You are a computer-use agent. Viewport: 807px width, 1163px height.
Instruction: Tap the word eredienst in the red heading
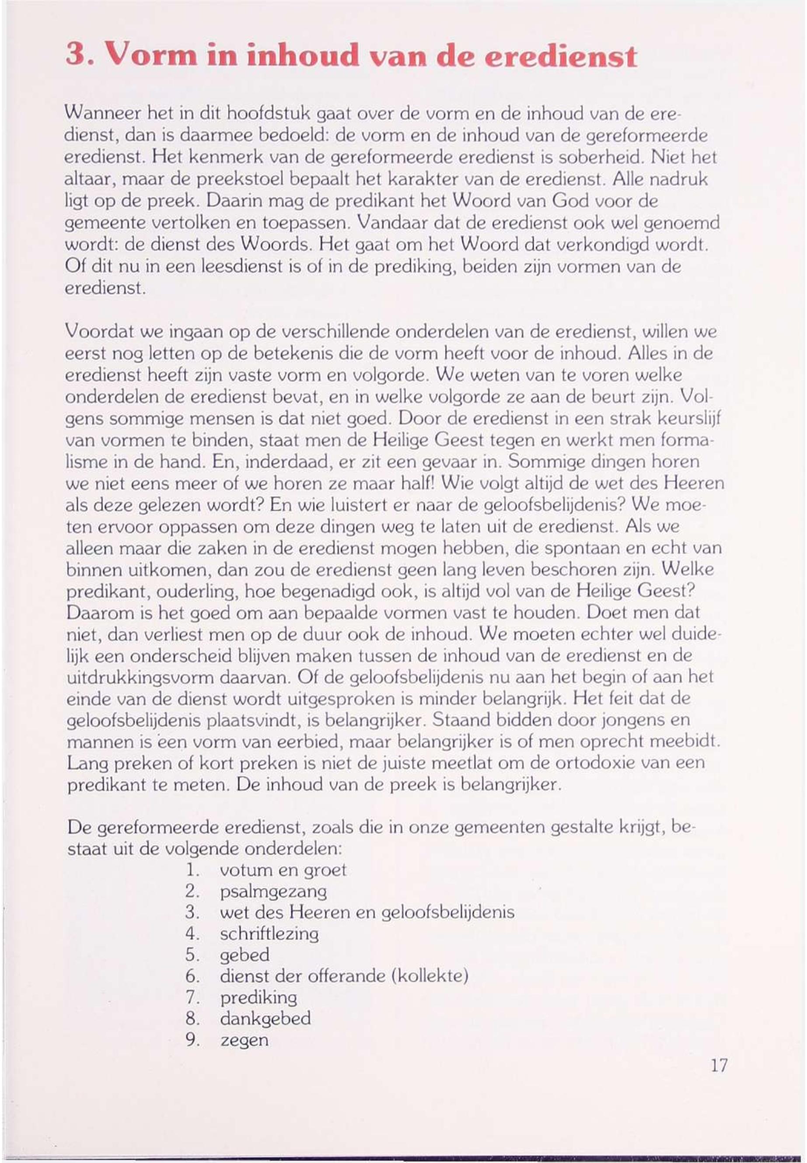(560, 56)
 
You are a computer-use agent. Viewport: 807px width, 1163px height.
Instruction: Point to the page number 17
(719, 1066)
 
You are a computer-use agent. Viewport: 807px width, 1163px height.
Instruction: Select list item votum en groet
(283, 871)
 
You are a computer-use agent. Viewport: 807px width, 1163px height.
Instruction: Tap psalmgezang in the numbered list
(273, 892)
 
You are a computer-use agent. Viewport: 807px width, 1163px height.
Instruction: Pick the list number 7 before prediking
(191, 998)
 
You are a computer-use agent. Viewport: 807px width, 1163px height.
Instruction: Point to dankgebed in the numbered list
(266, 1019)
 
